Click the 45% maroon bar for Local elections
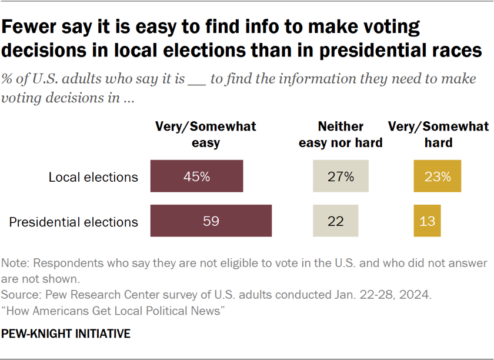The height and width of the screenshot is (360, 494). pyautogui.click(x=197, y=176)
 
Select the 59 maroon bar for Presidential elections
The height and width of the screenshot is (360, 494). pyautogui.click(x=211, y=221)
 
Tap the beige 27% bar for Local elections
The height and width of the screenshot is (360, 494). pyautogui.click(x=341, y=176)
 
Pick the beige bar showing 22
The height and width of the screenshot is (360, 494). pyautogui.click(x=335, y=221)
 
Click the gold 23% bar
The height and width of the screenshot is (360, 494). pyautogui.click(x=438, y=176)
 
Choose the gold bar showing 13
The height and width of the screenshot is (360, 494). pyautogui.click(x=427, y=221)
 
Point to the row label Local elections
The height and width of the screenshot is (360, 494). pyautogui.click(x=93, y=176)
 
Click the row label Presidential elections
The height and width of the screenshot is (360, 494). pyautogui.click(x=74, y=222)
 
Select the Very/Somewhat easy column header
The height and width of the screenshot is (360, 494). pyautogui.click(x=205, y=134)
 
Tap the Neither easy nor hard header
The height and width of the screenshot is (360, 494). pyautogui.click(x=341, y=134)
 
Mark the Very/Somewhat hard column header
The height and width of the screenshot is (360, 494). pyautogui.click(x=438, y=134)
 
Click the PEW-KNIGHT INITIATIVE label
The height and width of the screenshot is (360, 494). pyautogui.click(x=65, y=334)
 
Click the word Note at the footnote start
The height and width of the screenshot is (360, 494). pyautogui.click(x=14, y=263)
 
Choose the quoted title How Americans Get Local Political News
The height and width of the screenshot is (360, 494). pyautogui.click(x=115, y=310)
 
